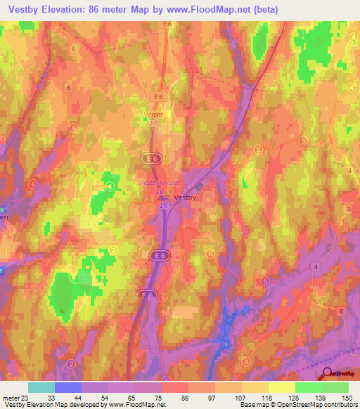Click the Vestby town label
pyautogui.click(x=186, y=197)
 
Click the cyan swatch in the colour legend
pyautogui.click(x=41, y=387)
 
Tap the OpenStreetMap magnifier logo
pyautogui.click(x=328, y=374)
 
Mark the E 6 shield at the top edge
pyautogui.click(x=167, y=24)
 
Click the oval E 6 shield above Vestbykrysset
pyautogui.click(x=149, y=160)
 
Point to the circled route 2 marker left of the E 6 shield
pyautogui.click(x=114, y=250)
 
